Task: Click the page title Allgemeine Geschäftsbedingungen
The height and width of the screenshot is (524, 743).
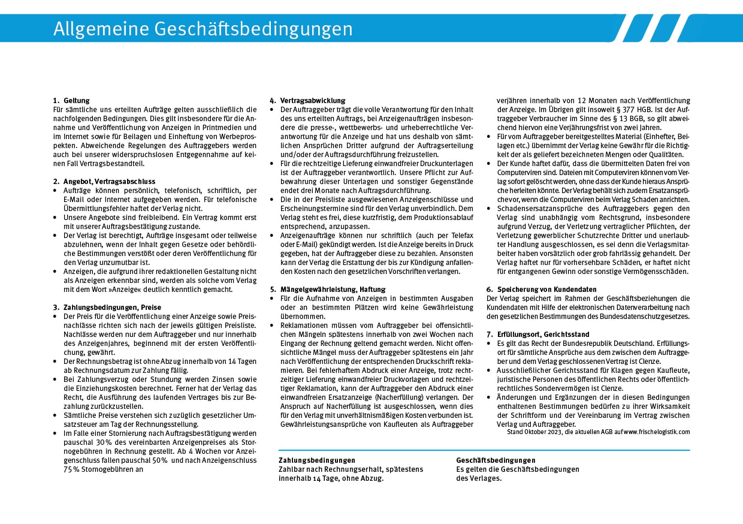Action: tap(203, 29)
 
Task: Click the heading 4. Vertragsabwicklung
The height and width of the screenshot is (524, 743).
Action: tap(312, 101)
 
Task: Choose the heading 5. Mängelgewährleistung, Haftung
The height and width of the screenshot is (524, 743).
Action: tap(327, 289)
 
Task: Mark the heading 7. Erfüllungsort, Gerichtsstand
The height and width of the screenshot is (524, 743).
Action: tap(537, 334)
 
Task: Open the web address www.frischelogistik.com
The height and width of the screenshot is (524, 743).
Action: tap(657, 432)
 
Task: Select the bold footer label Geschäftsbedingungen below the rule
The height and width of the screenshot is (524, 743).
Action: tap(496, 460)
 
